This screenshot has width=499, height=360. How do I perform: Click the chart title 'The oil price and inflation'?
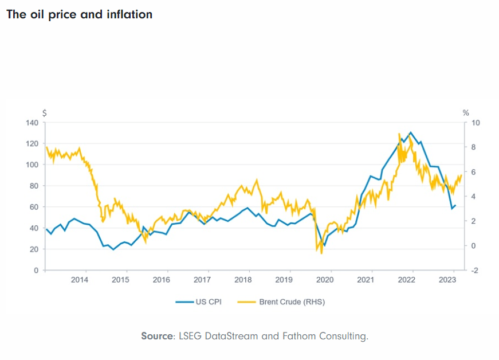[79, 14]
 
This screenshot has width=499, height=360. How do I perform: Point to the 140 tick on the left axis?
[32, 123]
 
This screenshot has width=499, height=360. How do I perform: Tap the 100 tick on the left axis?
[32, 165]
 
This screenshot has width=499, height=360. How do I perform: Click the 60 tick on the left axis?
[34, 207]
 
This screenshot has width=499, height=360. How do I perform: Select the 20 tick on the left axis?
[34, 249]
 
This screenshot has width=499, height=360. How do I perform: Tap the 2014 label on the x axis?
[80, 280]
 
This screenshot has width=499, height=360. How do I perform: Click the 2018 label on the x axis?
[243, 280]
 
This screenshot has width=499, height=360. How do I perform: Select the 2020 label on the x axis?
[325, 280]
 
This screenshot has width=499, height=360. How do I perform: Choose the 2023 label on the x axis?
[447, 280]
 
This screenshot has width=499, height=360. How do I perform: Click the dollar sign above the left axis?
[45, 113]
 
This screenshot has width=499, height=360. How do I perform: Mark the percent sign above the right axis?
[465, 113]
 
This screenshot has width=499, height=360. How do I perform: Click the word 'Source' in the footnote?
[157, 336]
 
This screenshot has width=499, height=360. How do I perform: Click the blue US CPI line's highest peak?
[410, 132]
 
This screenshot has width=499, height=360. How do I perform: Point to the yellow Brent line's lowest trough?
[321, 253]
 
